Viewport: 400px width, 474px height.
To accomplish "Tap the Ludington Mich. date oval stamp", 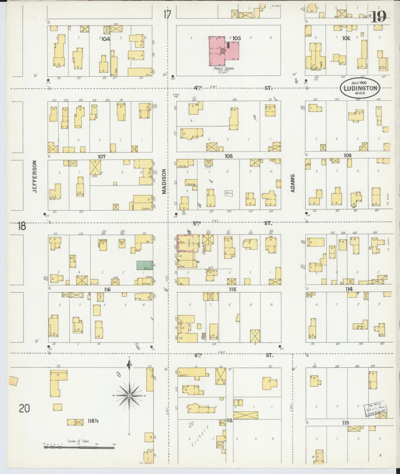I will coord(360,88).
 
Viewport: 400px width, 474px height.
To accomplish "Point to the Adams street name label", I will coord(293,183).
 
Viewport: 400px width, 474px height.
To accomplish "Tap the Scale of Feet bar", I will coord(79,447).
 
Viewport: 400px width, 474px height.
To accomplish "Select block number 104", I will coord(106,39).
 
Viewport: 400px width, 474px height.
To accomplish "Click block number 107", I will coord(102,157).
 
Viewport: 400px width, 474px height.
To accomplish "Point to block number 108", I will coord(229,156).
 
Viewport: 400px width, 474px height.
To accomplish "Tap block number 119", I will coord(345,423).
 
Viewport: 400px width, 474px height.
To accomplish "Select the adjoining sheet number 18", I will coord(22,226).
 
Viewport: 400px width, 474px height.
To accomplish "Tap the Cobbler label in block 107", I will coord(146,208).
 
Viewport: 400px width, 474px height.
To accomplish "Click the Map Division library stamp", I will coord(376,409).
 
